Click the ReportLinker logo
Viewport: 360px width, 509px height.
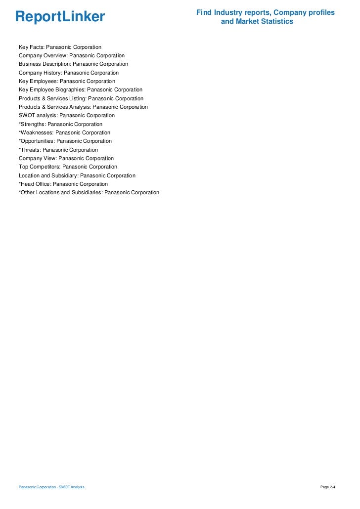click(60, 17)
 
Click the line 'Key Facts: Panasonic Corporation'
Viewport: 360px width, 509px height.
click(60, 47)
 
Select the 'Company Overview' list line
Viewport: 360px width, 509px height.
click(72, 55)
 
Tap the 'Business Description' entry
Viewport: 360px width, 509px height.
click(73, 64)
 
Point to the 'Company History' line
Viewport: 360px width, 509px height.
click(69, 73)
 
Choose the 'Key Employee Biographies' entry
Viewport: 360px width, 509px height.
click(81, 90)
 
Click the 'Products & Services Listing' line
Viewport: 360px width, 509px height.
click(81, 98)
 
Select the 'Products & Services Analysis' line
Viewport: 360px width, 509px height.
click(83, 107)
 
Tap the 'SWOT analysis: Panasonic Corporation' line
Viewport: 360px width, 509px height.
click(67, 116)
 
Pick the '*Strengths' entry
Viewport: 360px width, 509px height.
click(60, 124)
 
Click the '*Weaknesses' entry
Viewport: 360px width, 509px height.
click(64, 132)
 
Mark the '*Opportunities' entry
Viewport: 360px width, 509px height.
click(65, 141)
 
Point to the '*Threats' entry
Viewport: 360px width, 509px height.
click(58, 150)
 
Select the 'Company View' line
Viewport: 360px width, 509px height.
click(66, 158)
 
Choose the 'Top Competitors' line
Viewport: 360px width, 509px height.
click(68, 167)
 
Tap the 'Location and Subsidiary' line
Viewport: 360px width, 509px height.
click(77, 175)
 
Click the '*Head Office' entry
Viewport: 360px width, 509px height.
click(63, 184)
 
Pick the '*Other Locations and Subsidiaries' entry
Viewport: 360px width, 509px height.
click(89, 192)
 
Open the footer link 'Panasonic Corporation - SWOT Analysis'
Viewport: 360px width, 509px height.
click(51, 487)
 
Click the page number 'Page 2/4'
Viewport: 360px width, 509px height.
click(328, 487)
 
